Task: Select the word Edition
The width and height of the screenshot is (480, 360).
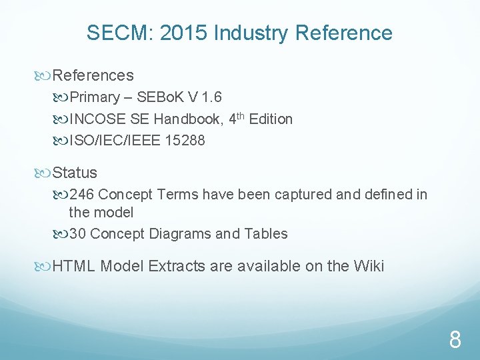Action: tap(271, 119)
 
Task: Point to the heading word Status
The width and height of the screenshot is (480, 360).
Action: tap(75, 173)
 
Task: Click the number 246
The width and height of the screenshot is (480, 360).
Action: tap(81, 195)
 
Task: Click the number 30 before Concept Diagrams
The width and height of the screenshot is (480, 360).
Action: tap(77, 233)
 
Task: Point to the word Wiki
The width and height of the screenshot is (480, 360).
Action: tap(369, 266)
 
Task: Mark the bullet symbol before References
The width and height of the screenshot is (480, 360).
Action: tap(45, 76)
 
